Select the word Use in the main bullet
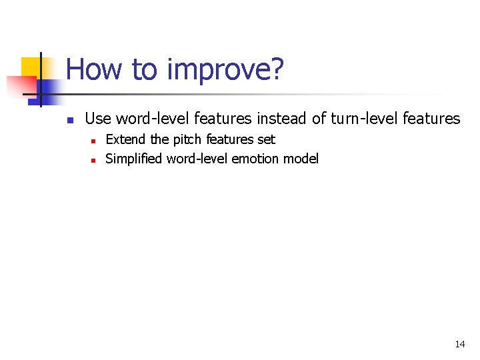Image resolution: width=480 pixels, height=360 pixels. (99, 119)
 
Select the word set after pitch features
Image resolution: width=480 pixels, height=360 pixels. (267, 139)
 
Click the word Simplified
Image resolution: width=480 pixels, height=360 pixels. (134, 159)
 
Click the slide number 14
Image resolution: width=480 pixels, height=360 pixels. (459, 344)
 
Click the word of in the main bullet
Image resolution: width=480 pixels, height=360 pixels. (319, 119)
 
